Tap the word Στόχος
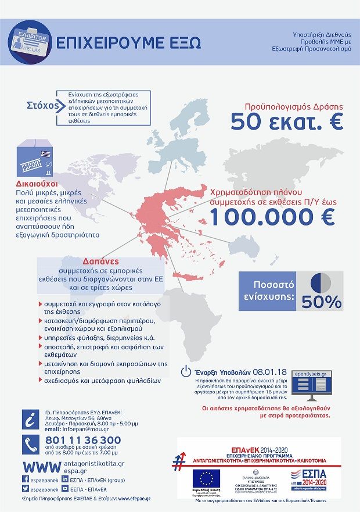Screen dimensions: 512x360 (44, 105)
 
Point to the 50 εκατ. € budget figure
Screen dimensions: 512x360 (287, 122)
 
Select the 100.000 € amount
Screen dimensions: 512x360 (272, 216)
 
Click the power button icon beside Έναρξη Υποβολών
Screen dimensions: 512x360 (186, 371)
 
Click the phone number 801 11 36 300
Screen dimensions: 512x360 (83, 440)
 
